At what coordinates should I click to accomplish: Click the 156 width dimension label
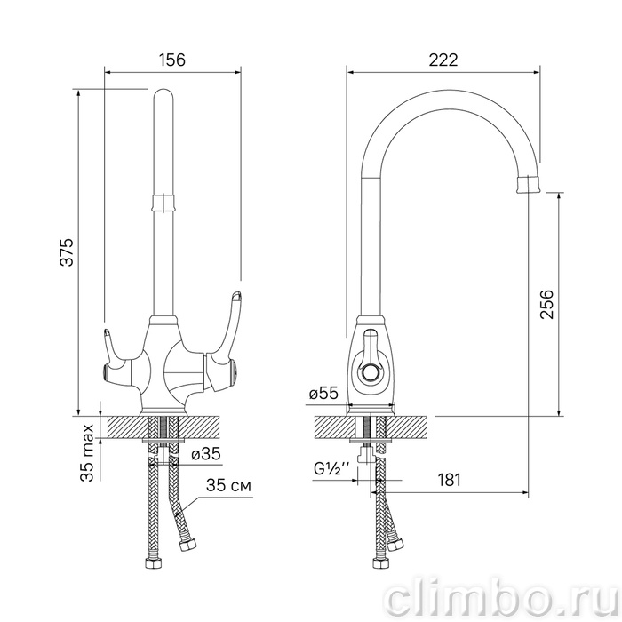[x=172, y=60]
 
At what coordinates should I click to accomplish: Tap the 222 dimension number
[x=443, y=60]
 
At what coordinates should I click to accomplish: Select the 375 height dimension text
[x=67, y=252]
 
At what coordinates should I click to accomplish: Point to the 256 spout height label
[x=546, y=304]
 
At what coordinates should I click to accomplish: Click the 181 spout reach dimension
[x=449, y=480]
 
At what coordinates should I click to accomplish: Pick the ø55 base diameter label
[x=323, y=393]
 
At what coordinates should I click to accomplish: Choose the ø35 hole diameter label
[x=206, y=454]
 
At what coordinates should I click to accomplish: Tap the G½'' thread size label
[x=331, y=469]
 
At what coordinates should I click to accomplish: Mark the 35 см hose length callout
[x=228, y=485]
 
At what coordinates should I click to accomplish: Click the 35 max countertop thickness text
[x=88, y=452]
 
